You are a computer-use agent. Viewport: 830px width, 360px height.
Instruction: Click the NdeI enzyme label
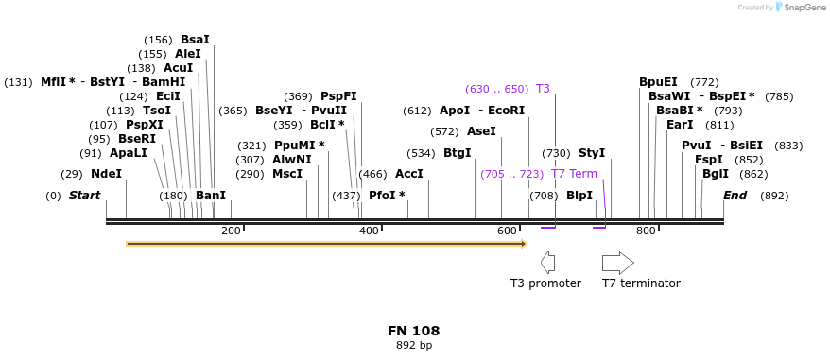click(x=106, y=174)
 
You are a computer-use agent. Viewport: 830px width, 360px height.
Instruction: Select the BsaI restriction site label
click(x=195, y=40)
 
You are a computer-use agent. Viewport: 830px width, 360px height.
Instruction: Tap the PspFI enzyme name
click(x=338, y=96)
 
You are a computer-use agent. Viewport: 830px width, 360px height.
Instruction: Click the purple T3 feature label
click(x=543, y=89)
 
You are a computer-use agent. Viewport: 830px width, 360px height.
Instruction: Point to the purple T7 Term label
click(x=574, y=174)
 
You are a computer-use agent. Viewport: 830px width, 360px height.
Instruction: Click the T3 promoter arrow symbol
click(x=546, y=263)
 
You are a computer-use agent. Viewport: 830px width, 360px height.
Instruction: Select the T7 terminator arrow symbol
click(x=617, y=263)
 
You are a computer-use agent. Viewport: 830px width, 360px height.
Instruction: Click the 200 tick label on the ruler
click(x=231, y=231)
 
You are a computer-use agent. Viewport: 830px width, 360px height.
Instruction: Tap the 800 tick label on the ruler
click(x=646, y=231)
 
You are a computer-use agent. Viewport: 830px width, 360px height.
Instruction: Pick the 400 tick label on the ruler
click(x=369, y=231)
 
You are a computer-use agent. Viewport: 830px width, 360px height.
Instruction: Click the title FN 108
click(x=413, y=331)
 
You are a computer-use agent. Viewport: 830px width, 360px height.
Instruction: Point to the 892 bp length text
click(x=413, y=346)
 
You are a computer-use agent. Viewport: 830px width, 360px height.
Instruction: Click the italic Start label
click(x=84, y=196)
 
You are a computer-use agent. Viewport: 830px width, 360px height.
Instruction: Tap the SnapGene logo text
click(x=804, y=8)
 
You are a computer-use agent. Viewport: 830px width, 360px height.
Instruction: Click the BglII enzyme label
click(x=716, y=174)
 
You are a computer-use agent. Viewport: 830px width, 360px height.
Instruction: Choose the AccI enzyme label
click(x=409, y=174)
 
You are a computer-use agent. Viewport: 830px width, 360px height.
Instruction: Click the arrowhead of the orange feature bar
click(x=523, y=244)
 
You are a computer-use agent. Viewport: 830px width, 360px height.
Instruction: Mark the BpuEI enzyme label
click(x=658, y=82)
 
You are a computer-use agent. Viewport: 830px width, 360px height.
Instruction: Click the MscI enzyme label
click(x=287, y=174)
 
